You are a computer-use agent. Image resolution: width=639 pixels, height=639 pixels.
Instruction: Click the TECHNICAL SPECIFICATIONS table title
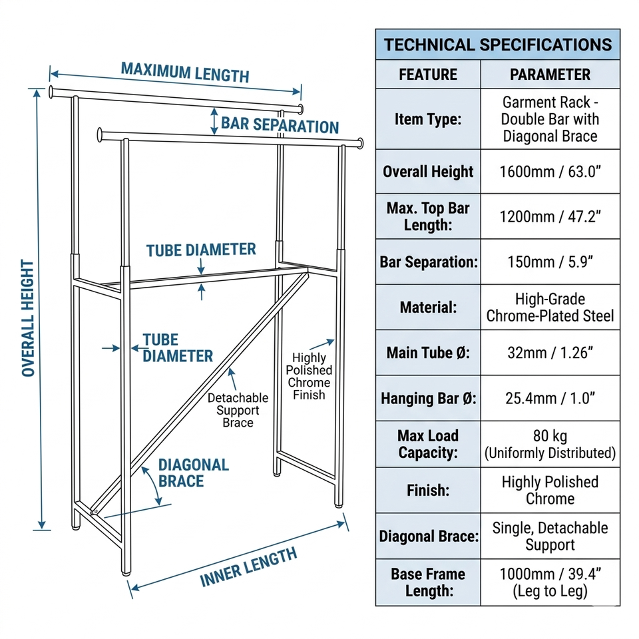(497, 45)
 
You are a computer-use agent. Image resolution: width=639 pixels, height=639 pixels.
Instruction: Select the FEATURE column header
(428, 75)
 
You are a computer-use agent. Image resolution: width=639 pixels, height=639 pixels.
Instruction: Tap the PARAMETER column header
(550, 75)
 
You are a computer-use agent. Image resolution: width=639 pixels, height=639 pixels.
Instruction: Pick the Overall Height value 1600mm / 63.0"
(550, 172)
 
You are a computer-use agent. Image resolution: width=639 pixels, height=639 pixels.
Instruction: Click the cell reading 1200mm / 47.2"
(550, 216)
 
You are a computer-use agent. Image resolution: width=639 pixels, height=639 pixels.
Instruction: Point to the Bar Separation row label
(428, 262)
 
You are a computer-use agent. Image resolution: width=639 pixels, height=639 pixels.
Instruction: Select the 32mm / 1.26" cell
(550, 352)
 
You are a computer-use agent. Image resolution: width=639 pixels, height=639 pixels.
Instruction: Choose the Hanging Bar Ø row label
(428, 399)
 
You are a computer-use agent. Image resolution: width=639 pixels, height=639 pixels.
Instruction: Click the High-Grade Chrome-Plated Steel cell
(550, 308)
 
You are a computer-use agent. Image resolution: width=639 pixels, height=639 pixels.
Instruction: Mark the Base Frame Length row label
(428, 582)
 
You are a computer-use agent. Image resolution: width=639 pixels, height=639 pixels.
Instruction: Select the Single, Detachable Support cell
(550, 536)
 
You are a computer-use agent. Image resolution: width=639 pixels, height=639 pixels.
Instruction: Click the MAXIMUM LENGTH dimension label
(185, 71)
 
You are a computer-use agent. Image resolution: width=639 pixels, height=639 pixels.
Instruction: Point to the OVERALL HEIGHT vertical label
(28, 318)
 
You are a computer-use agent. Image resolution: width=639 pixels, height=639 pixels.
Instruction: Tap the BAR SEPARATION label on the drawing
(280, 125)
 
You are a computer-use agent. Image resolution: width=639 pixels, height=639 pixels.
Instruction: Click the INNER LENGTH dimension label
(248, 567)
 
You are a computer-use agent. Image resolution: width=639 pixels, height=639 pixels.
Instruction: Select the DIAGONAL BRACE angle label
(194, 473)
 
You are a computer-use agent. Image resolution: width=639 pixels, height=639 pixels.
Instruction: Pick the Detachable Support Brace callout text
(238, 410)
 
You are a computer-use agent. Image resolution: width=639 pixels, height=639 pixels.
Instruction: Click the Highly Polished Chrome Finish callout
(309, 376)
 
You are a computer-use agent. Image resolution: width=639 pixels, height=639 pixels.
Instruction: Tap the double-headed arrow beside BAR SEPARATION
(214, 121)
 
